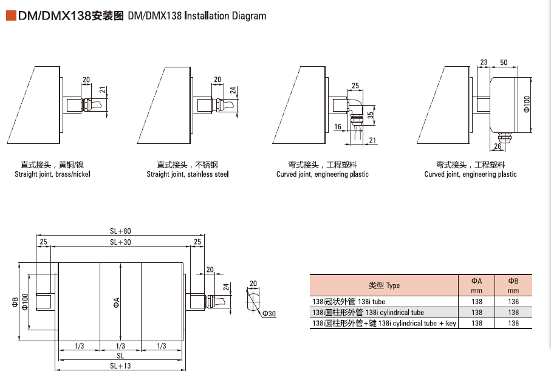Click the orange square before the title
click(11, 16)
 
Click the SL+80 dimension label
click(121, 231)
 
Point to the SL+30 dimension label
click(121, 242)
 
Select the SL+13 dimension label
click(121, 365)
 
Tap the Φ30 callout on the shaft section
click(269, 313)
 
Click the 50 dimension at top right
click(504, 63)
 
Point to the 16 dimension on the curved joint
click(338, 127)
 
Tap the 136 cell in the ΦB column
click(513, 301)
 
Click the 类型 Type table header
click(384, 285)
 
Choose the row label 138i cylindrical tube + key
click(384, 324)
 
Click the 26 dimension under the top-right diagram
click(498, 146)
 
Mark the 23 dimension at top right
click(484, 63)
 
